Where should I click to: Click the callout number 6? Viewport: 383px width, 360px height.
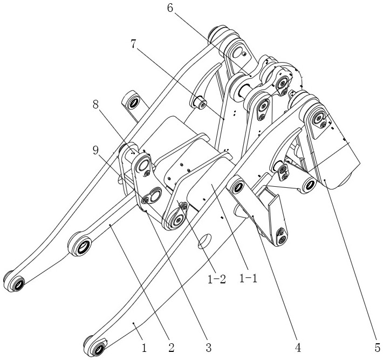170,8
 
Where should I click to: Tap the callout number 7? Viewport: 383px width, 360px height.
133,44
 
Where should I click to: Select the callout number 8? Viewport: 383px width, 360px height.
96,105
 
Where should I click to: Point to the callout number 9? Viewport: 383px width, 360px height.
96,151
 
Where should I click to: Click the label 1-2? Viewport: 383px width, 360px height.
216,280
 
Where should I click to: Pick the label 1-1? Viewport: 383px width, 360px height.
248,279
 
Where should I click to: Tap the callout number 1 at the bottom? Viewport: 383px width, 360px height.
144,348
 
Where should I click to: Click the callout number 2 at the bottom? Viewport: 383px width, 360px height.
171,348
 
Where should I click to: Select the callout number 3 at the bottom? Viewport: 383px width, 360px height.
208,348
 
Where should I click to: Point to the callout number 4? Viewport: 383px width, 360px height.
298,348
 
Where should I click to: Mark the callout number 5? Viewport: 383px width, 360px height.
378,348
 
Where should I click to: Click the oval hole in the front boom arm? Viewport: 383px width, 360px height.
204,241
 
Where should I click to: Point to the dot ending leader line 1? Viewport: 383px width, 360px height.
134,323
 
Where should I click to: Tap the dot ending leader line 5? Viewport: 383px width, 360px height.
325,180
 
